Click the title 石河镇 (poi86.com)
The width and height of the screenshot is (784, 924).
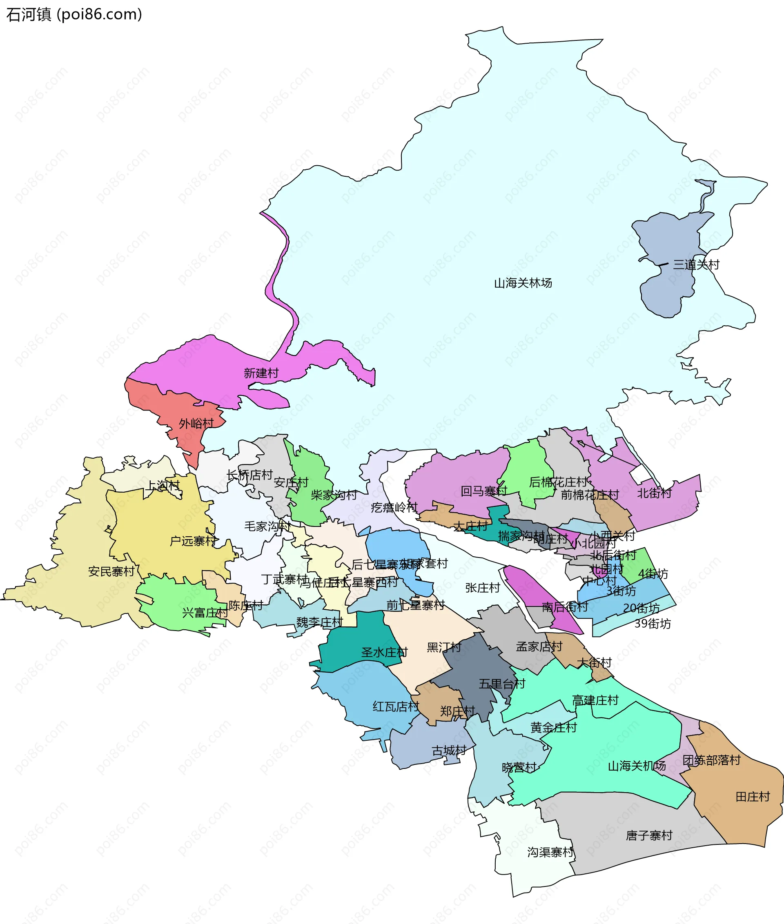pos(74,14)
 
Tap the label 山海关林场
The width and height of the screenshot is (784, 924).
pos(523,283)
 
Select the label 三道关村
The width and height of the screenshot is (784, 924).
pos(696,265)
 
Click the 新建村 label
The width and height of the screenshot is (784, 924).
pos(261,373)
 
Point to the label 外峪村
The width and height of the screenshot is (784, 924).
pos(196,423)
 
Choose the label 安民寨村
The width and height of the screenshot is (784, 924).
pos(111,571)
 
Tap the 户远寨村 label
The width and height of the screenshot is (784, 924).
pos(193,541)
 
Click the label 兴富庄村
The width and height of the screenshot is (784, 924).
pos(205,613)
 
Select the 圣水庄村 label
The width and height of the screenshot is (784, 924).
pos(384,652)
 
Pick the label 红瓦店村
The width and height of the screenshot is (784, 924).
pos(396,706)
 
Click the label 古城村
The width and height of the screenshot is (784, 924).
pos(449,751)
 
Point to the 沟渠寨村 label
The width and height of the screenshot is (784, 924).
pos(550,852)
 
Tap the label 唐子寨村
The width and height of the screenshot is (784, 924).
pos(649,835)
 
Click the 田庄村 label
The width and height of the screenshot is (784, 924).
pos(753,797)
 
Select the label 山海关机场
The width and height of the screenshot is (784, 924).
pos(637,766)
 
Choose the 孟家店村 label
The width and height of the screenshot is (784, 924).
pos(539,647)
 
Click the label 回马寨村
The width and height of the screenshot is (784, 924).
pos(483,491)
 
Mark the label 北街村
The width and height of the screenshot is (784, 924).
pos(654,493)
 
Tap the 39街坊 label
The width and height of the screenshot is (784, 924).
pos(653,624)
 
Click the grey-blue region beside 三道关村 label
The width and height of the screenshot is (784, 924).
pos(667,240)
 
